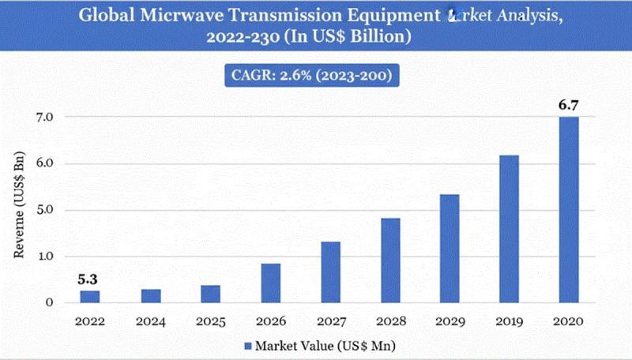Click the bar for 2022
90,296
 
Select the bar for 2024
151,295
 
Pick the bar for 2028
390,260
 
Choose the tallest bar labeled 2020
569,209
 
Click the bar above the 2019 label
509,228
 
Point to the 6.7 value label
568,103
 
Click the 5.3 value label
89,278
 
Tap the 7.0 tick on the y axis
43,117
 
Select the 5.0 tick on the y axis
43,210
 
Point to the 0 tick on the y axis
48,302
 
